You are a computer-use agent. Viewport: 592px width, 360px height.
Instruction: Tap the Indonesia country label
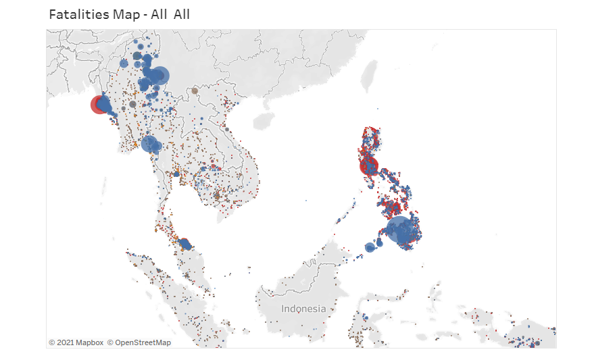tap(303, 309)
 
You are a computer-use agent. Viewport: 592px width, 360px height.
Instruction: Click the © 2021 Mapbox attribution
tap(76, 342)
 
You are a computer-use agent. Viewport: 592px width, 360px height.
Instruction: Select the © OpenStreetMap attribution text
tap(139, 342)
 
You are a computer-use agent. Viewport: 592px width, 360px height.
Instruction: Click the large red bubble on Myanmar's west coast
tap(99, 105)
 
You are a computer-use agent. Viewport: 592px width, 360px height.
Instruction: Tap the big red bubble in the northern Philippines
tap(369, 165)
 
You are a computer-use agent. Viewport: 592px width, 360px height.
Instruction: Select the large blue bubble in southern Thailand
tap(184, 243)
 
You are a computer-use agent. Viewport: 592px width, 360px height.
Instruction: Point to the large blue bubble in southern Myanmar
tap(149, 144)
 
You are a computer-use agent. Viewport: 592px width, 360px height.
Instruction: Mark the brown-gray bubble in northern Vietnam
tap(195, 91)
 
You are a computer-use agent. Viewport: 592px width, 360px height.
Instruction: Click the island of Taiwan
tap(369, 76)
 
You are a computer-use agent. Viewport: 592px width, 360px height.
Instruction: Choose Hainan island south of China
tap(264, 121)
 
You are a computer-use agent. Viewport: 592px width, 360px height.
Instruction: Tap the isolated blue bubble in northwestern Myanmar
tap(124, 63)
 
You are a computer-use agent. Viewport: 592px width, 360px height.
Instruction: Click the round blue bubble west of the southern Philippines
tap(370, 248)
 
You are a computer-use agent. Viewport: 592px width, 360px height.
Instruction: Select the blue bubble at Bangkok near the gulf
tap(176, 174)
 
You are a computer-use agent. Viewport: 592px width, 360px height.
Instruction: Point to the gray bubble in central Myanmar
tap(132, 104)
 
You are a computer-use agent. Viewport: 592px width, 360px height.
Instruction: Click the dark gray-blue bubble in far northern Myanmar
tap(137, 55)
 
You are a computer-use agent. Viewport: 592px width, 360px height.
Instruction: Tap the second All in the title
tap(181, 14)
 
